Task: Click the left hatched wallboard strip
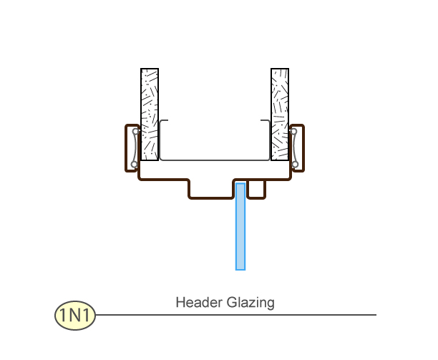[x=150, y=115]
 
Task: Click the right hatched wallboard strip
[x=280, y=115]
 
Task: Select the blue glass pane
[x=240, y=229]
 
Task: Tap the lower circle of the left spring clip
[x=134, y=165]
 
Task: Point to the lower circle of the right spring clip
[x=294, y=165]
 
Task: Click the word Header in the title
[x=195, y=303]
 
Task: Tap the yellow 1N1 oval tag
[x=75, y=315]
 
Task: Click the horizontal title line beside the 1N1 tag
[x=236, y=315]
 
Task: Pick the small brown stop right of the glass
[x=258, y=189]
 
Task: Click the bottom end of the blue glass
[x=240, y=268]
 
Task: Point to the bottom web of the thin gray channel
[x=215, y=160]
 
